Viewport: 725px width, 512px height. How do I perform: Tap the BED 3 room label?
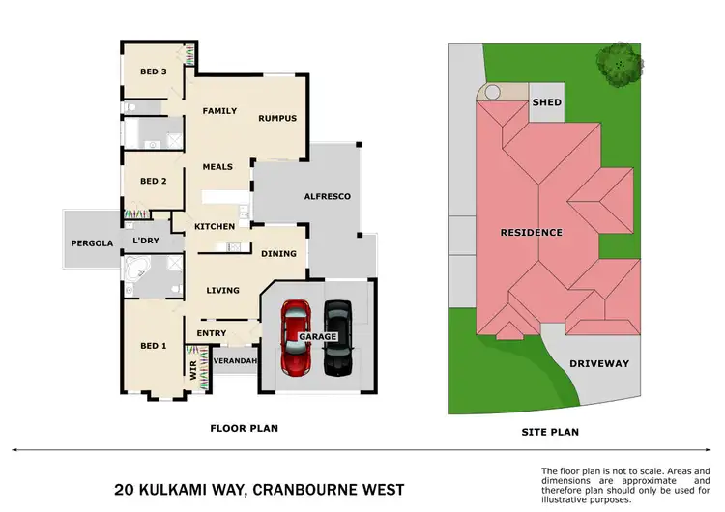154,71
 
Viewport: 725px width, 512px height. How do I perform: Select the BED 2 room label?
154,181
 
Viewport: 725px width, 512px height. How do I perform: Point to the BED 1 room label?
154,346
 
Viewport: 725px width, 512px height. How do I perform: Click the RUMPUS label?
276,119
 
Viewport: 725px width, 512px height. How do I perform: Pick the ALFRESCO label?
326,196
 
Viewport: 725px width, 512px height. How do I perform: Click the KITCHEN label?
215,226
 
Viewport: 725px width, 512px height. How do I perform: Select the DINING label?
278,254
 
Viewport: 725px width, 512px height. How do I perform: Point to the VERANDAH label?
235,361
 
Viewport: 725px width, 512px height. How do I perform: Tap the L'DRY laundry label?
146,241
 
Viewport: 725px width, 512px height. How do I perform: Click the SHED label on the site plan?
547,102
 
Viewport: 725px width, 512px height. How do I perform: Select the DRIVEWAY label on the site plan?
598,364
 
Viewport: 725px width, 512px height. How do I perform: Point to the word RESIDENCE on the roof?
531,233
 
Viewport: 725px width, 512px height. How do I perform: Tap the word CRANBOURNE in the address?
304,489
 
